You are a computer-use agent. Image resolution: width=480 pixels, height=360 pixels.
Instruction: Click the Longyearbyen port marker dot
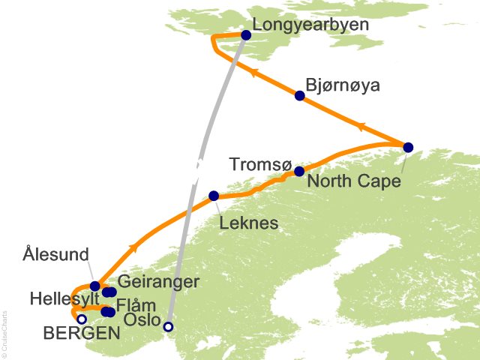tap(246, 34)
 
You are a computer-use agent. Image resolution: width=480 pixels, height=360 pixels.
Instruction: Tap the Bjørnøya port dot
tap(300, 95)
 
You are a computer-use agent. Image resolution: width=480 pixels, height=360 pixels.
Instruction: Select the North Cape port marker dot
tap(408, 147)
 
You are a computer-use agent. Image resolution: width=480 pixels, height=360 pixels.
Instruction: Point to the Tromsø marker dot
tap(299, 171)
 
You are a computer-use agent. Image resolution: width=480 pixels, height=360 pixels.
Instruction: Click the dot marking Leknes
tap(214, 196)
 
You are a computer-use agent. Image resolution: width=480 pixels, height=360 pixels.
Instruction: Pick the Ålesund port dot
tap(94, 286)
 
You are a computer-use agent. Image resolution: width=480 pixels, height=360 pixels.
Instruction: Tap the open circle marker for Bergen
tap(82, 319)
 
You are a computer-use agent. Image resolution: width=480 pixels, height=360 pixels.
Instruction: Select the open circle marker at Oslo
tap(168, 326)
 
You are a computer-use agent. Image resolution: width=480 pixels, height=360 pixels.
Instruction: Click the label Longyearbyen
tap(310, 25)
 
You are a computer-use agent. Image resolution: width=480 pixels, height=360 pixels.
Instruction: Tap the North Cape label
tap(354, 181)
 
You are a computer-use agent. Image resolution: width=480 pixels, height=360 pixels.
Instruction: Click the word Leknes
tap(249, 223)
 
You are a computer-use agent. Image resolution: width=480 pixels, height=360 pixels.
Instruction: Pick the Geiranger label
tap(160, 282)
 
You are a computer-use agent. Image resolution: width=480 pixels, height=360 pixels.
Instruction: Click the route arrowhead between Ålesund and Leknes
tap(133, 247)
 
